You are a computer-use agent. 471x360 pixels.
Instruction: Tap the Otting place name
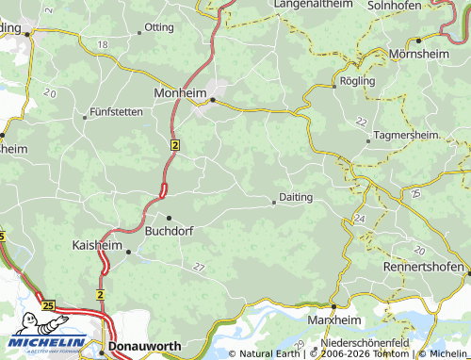[159, 27]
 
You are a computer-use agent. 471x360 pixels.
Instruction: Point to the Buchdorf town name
[169, 229]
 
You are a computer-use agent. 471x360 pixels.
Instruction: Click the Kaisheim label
[97, 245]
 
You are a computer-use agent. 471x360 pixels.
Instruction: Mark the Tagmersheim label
[406, 136]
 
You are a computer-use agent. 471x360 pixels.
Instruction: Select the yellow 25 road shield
[48, 305]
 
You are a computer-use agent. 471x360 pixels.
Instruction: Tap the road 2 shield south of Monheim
[175, 145]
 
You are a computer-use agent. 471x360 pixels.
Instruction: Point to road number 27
[198, 268]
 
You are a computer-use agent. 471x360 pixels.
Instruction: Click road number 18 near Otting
[102, 45]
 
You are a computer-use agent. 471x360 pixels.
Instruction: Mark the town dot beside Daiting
[273, 201]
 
